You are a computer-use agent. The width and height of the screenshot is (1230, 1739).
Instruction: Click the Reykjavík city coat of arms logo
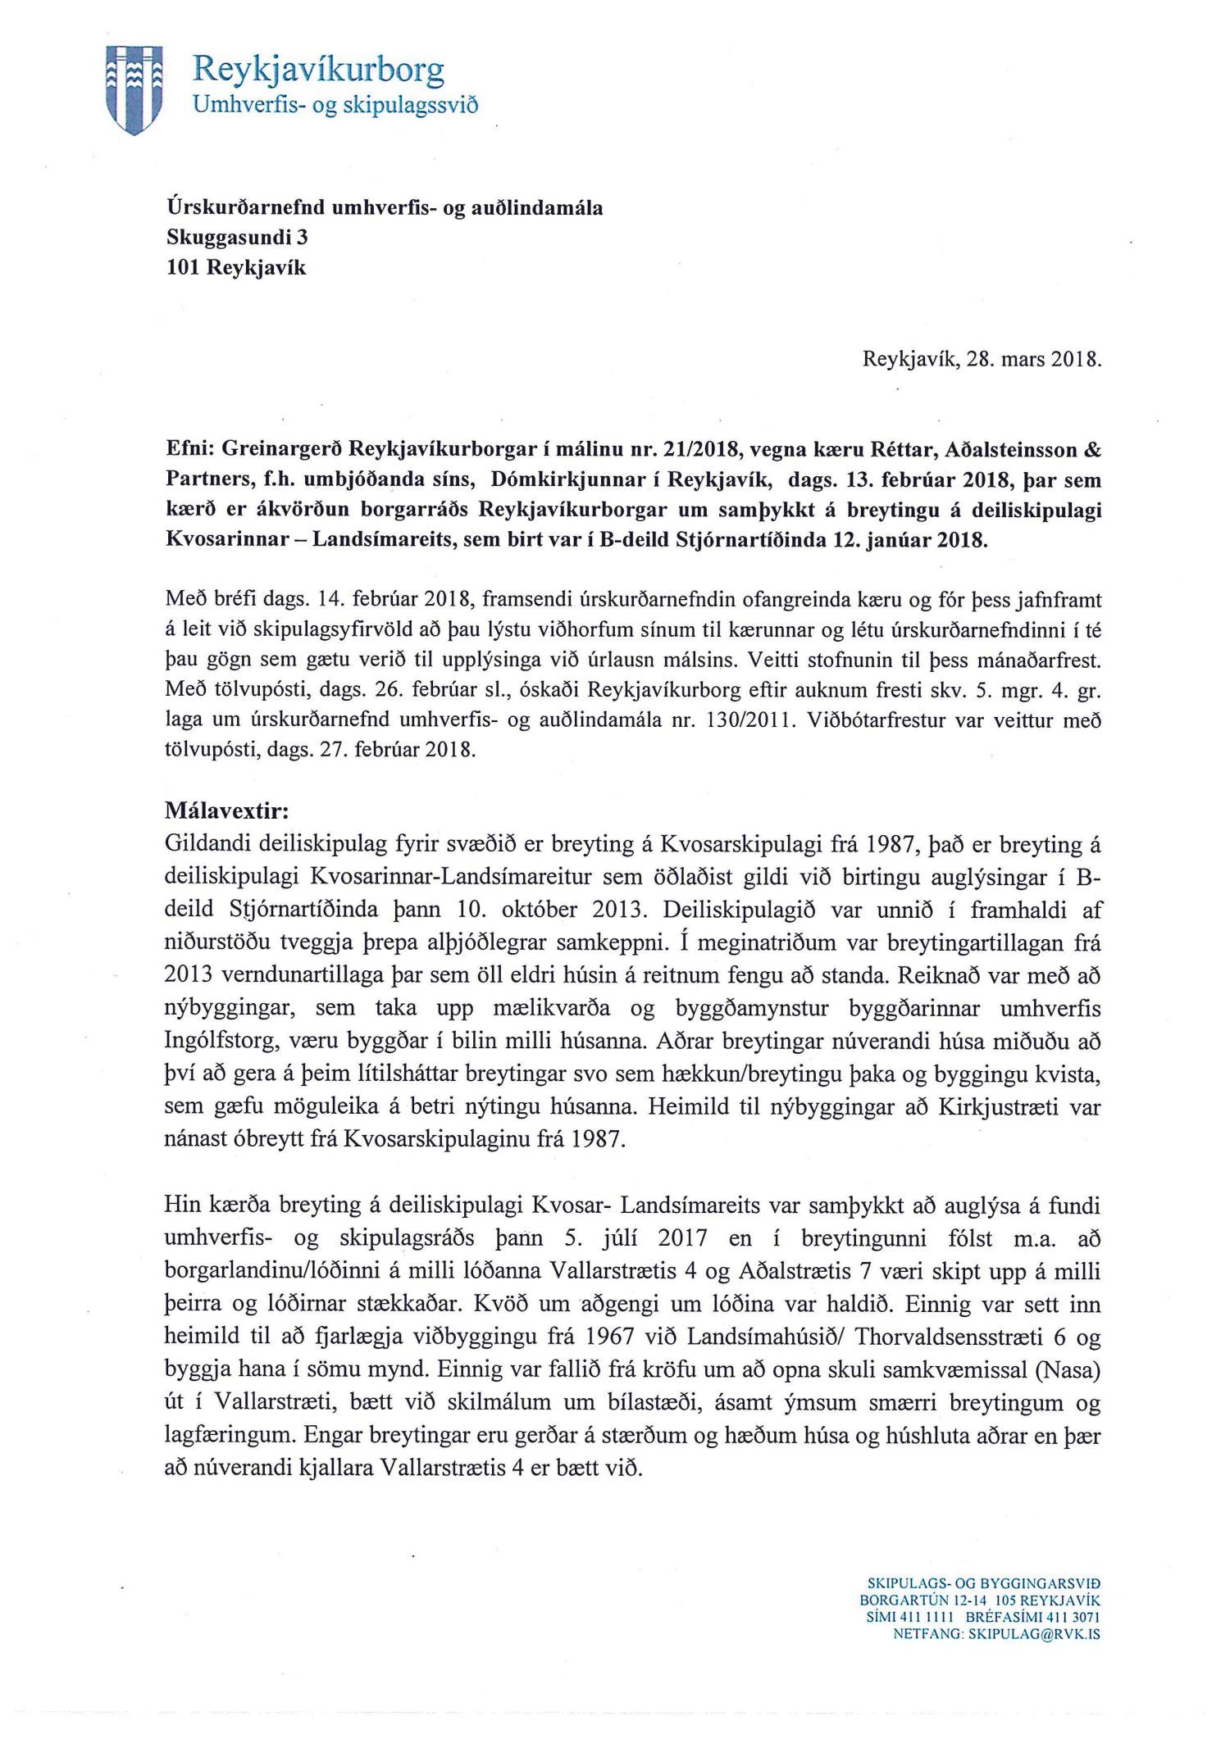(x=136, y=88)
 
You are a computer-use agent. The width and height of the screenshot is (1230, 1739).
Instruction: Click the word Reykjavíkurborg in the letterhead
(x=317, y=70)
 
